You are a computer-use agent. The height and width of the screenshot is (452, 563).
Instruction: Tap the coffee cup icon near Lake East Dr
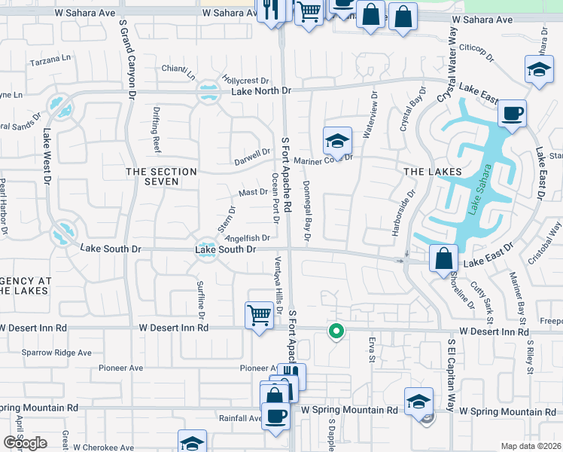[x=512, y=114]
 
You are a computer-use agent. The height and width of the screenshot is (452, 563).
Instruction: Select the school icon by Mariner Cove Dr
[x=338, y=141]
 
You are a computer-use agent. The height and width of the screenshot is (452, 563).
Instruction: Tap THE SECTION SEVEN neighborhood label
[x=161, y=177]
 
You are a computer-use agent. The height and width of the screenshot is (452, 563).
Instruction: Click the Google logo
[x=25, y=443]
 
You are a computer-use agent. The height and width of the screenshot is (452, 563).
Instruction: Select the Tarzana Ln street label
[x=50, y=58]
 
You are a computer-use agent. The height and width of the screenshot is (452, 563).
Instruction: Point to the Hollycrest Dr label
[x=246, y=81]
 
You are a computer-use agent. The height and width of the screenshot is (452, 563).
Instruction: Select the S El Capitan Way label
[x=452, y=375]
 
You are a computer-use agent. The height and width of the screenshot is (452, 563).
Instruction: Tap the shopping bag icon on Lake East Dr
[x=444, y=258]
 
